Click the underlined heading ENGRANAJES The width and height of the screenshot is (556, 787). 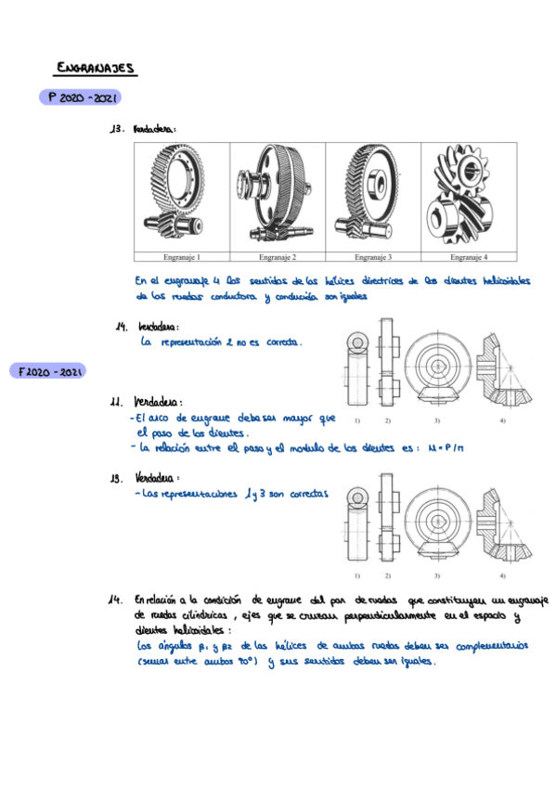coord(96,68)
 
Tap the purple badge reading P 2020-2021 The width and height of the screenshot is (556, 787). coord(79,97)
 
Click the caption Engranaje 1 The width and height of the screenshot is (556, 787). coord(180,256)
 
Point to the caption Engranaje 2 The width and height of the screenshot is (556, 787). coord(277,256)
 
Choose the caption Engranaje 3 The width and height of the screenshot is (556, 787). coord(372,256)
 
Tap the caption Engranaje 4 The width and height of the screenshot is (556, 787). coord(469,256)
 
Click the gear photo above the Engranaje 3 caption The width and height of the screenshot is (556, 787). coord(372,196)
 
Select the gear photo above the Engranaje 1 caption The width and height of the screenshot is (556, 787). coord(180,196)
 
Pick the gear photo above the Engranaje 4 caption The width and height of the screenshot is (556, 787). coord(469,196)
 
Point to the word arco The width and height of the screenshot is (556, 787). coord(169,419)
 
